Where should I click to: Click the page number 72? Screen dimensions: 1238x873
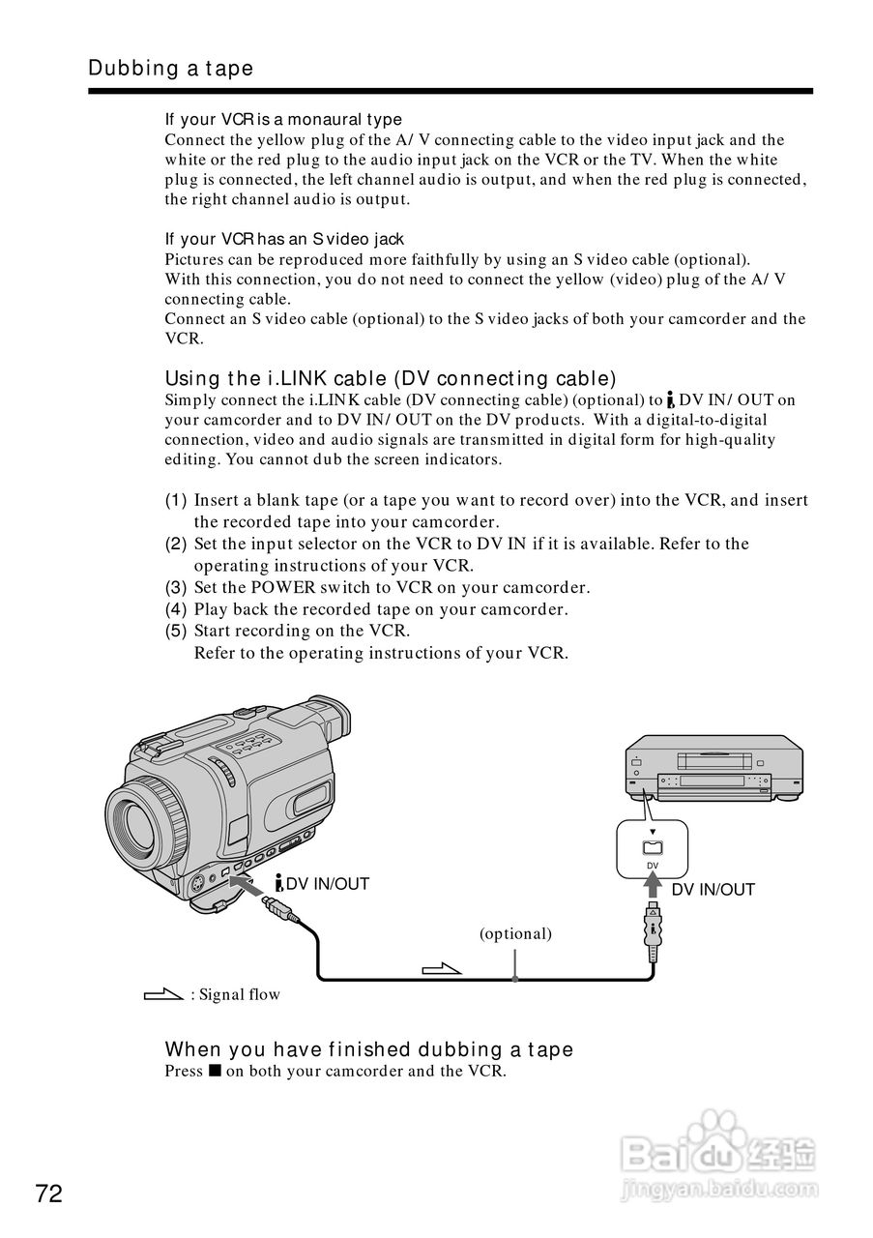[48, 1194]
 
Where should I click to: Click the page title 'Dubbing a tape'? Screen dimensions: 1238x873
[170, 68]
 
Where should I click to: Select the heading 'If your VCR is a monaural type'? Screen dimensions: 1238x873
[283, 120]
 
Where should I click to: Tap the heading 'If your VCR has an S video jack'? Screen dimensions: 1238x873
[284, 239]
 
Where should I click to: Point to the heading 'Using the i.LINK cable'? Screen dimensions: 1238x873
[390, 378]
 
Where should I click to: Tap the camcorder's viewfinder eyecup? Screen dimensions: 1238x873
[331, 722]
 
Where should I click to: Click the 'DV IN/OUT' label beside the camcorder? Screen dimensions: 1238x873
[323, 883]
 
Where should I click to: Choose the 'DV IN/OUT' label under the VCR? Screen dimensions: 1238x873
[713, 890]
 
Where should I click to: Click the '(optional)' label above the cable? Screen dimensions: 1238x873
[515, 934]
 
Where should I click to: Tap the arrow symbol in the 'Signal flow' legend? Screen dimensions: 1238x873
[162, 993]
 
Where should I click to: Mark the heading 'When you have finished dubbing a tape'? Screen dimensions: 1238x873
[368, 1049]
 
